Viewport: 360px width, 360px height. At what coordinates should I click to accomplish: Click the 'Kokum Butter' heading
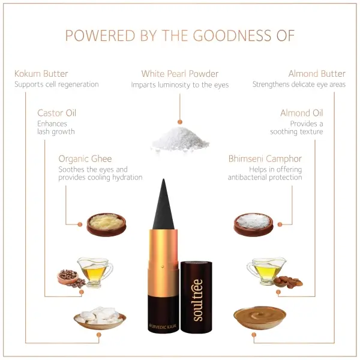(41, 74)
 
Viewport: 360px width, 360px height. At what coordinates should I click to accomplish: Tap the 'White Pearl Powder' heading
(180, 74)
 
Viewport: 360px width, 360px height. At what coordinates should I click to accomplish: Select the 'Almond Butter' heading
(317, 74)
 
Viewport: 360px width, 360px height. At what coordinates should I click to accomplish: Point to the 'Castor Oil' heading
(57, 113)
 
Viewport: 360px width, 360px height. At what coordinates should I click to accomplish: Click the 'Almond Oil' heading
(302, 113)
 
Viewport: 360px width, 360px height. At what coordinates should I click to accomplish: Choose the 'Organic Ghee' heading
(85, 158)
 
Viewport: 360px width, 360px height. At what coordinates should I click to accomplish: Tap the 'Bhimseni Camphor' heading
(265, 158)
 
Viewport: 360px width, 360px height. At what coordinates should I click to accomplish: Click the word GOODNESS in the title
(232, 35)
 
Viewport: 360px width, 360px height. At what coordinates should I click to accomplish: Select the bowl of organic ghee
(106, 224)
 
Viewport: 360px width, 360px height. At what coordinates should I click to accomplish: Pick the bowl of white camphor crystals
(253, 224)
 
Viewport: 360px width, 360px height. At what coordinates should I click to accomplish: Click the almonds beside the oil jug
(289, 282)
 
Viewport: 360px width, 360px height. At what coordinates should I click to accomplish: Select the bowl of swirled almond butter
(260, 317)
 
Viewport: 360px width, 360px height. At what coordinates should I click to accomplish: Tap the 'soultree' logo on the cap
(197, 300)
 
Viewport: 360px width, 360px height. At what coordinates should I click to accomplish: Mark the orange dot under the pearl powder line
(180, 122)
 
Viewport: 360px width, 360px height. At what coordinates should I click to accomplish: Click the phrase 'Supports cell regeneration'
(56, 85)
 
